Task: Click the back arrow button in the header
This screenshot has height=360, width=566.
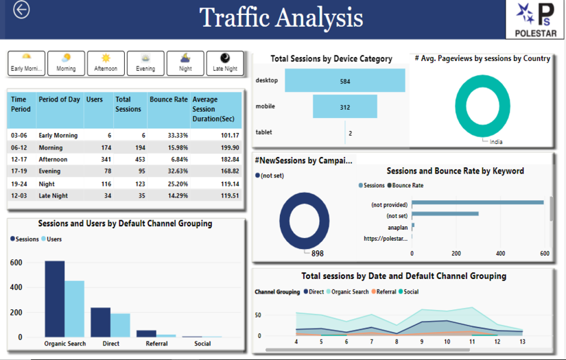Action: click(x=21, y=10)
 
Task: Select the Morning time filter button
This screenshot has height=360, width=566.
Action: click(x=66, y=63)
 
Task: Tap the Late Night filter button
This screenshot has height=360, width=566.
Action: click(x=224, y=63)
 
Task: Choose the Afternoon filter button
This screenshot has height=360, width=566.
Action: click(x=106, y=63)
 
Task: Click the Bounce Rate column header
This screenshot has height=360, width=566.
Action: click(x=169, y=99)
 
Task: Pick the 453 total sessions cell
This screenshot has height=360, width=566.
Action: click(x=132, y=159)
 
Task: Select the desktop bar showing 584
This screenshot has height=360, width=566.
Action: click(x=344, y=81)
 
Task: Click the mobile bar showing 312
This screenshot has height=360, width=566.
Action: click(x=344, y=107)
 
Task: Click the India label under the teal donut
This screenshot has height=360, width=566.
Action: click(x=495, y=142)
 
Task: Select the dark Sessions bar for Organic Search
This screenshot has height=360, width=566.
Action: click(x=55, y=298)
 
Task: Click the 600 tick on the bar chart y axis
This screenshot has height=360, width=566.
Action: click(x=16, y=263)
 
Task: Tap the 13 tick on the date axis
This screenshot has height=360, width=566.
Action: click(x=522, y=341)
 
